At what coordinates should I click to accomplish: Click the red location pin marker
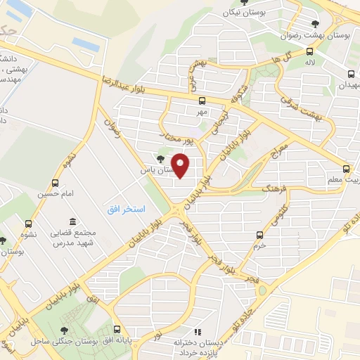tap(181, 166)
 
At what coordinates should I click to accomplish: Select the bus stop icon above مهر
tap(202, 100)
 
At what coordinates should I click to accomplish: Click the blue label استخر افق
tap(126, 209)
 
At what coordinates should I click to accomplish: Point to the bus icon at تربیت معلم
tap(346, 169)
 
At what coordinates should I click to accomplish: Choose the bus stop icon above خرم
tap(261, 235)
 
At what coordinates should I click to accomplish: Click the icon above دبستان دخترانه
tap(198, 331)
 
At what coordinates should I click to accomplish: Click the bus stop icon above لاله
tap(310, 51)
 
